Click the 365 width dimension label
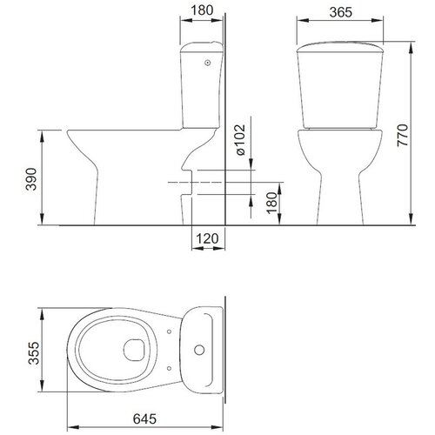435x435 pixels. [341, 12]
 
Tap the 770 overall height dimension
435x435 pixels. [403, 135]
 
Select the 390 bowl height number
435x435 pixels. [31, 179]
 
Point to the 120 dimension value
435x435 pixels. [207, 238]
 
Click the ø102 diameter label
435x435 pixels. [241, 140]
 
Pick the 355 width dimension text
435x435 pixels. [33, 353]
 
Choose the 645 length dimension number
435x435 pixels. [144, 418]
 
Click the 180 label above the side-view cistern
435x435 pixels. [202, 10]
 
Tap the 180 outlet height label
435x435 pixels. [272, 203]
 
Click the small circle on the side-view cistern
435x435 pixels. [207, 63]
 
